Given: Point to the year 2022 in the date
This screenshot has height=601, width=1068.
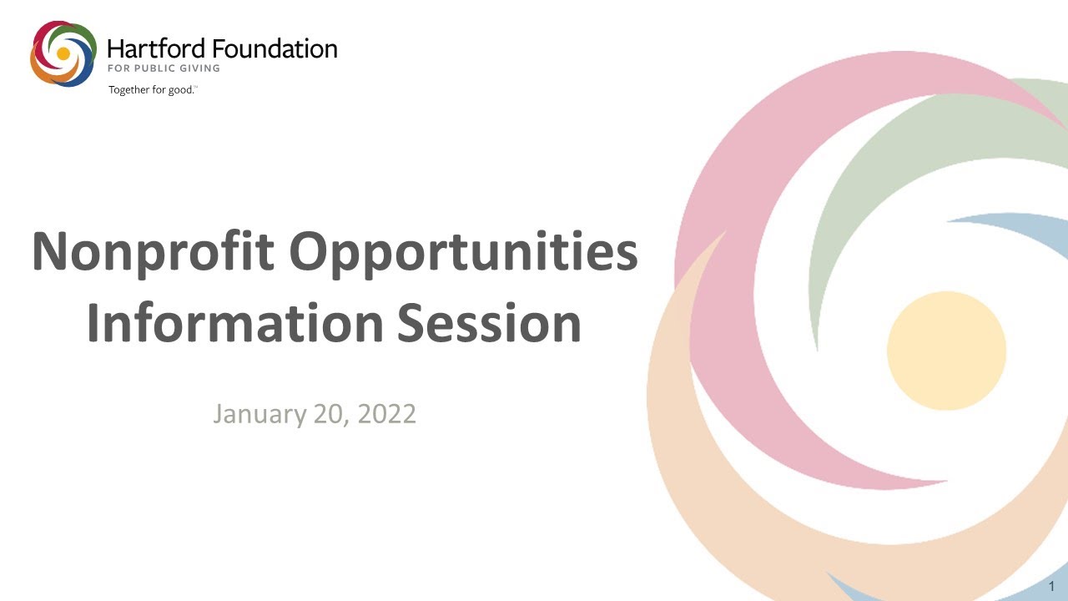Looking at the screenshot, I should pyautogui.click(x=386, y=413).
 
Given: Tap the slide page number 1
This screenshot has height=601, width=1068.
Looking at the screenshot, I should pyautogui.click(x=1052, y=586).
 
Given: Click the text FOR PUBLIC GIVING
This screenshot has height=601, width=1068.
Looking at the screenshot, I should pyautogui.click(x=164, y=68).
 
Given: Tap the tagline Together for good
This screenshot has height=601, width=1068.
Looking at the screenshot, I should pyautogui.click(x=152, y=89).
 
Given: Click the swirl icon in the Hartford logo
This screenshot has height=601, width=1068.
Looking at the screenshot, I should pyautogui.click(x=63, y=53).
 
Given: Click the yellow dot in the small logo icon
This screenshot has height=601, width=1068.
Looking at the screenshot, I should pyautogui.click(x=63, y=53).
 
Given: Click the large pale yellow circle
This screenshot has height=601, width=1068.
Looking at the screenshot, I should pyautogui.click(x=946, y=351).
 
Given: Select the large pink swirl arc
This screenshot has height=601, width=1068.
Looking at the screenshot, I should pyautogui.click(x=734, y=209).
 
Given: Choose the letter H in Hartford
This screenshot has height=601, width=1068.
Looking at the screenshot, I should pyautogui.click(x=114, y=49).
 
